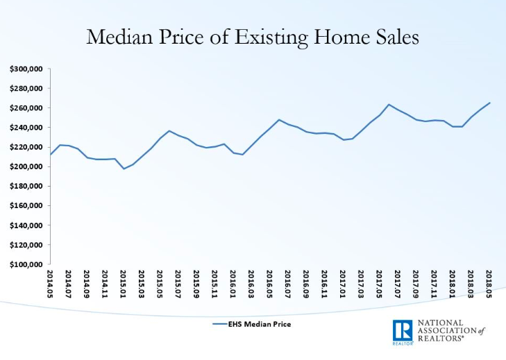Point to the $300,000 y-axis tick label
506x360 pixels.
tap(26, 69)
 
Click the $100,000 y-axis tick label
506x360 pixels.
tap(26, 264)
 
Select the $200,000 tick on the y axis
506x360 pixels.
tap(26, 166)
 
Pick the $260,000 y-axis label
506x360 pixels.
tap(26, 108)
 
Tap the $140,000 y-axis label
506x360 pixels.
tap(26, 225)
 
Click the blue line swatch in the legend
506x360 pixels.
tap(219, 324)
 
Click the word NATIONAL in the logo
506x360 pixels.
tap(441, 323)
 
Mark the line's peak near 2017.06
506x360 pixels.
tap(389, 105)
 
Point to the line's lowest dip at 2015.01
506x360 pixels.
tap(124, 169)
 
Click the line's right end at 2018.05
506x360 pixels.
tap(489, 103)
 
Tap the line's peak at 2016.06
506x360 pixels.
tap(279, 120)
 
